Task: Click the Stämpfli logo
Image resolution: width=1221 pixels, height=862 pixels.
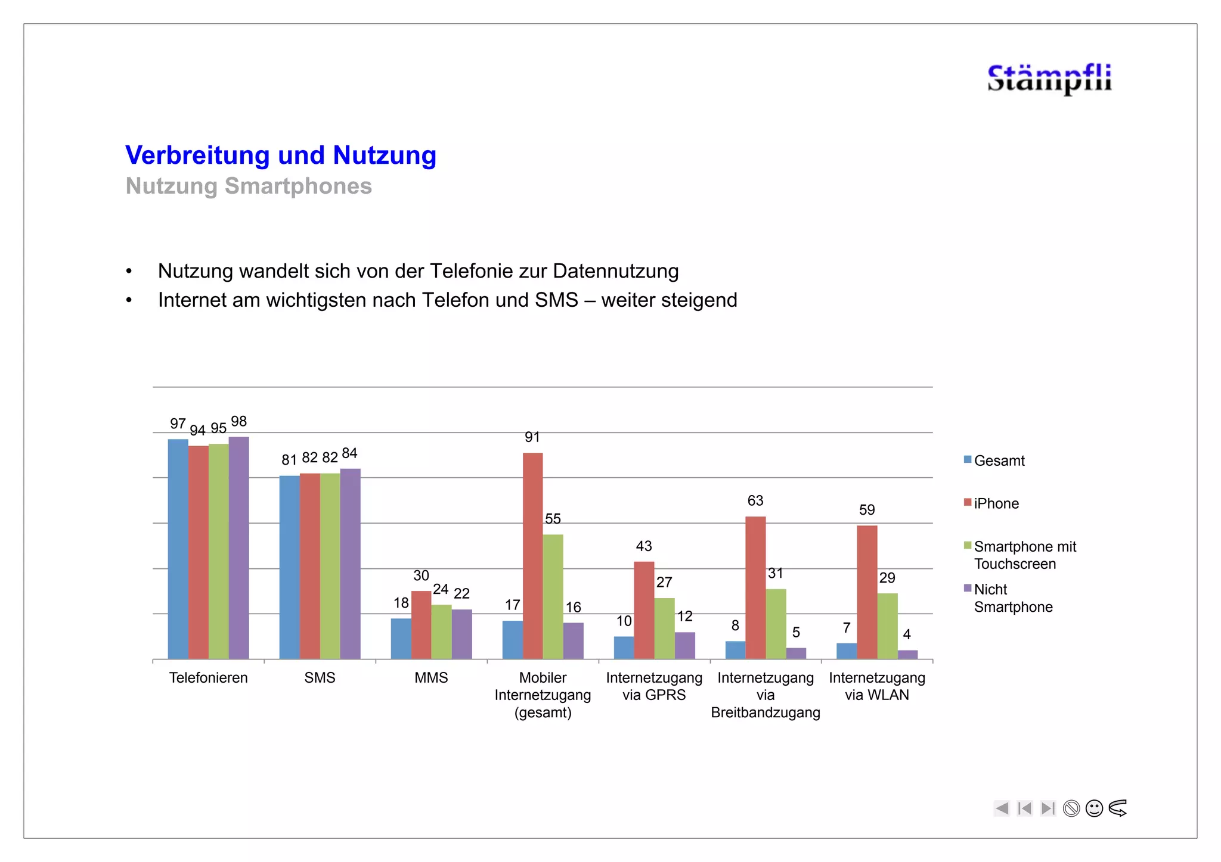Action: pos(1049,79)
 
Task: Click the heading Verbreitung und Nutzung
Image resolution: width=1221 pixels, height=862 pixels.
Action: pos(281,155)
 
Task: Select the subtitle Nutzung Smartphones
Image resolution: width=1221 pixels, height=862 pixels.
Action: pos(249,186)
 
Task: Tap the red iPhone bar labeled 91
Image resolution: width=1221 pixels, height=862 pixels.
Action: pos(532,555)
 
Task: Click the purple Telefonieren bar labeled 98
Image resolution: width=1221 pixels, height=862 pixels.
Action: pos(238,547)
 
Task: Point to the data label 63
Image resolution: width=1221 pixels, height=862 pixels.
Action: pos(755,501)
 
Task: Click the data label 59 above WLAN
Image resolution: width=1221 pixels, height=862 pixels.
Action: pos(867,510)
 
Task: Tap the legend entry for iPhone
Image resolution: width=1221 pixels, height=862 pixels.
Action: pos(996,504)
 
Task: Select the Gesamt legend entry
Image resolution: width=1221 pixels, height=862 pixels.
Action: pos(999,461)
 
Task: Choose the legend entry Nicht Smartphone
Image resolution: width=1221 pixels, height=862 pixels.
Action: pos(1012,598)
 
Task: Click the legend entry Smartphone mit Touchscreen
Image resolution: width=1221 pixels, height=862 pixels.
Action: pos(1024,555)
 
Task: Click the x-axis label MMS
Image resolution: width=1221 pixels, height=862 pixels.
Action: pos(431,678)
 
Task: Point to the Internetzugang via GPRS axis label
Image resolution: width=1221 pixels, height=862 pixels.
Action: pos(654,686)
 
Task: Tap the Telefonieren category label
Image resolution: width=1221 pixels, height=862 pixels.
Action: pos(208,678)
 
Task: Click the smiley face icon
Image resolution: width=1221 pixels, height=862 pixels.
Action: pos(1094,808)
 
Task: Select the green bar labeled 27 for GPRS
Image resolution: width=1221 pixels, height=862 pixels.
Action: pos(664,628)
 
